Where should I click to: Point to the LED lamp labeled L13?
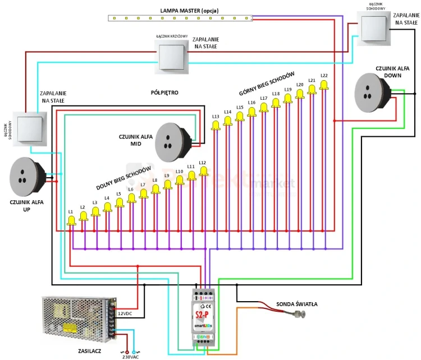click(216, 125)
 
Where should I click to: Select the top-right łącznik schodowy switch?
click(373, 28)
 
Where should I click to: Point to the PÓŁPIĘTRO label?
click(164, 92)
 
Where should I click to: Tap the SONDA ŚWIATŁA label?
click(297, 304)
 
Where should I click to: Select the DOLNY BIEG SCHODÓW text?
click(124, 179)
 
